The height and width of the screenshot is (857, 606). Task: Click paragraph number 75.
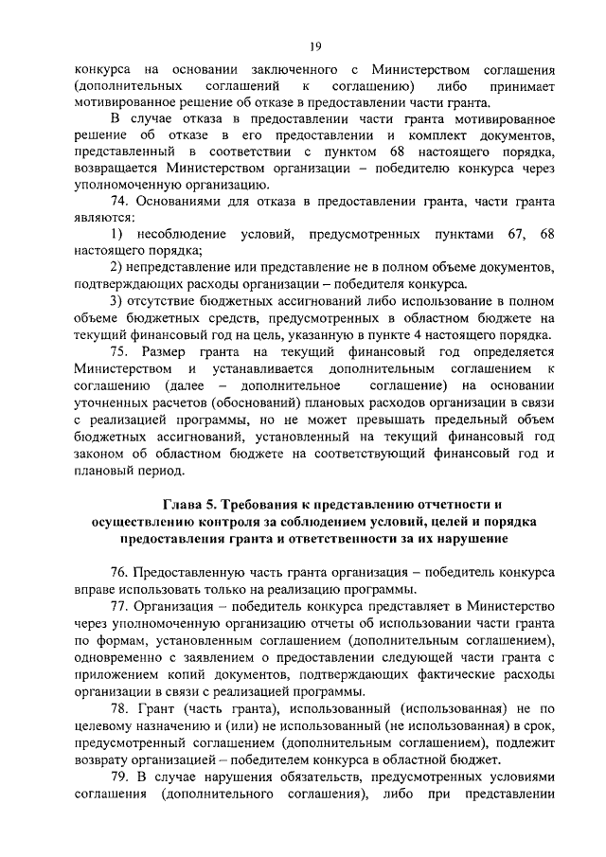pos(121,352)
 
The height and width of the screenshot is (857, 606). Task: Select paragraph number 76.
pos(121,573)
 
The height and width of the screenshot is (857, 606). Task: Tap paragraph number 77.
pos(121,607)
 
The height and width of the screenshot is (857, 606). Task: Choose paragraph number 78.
pos(121,709)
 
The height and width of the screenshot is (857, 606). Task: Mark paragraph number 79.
pos(121,777)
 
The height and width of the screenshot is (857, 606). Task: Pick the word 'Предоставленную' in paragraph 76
pos(190,573)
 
